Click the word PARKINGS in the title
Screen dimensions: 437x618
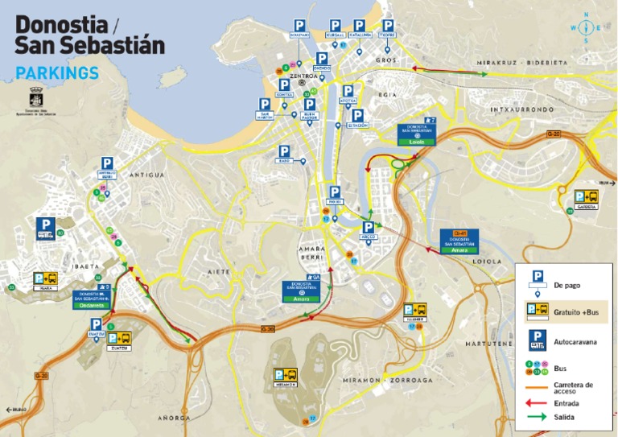pos(57,73)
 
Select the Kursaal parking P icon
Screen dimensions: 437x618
pos(336,26)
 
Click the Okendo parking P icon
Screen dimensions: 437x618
pos(322,59)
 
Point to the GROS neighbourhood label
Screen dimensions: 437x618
pos(385,60)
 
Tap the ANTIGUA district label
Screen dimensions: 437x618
pos(146,175)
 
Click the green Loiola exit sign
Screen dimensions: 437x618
pos(416,142)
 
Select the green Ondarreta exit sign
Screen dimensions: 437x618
pos(94,305)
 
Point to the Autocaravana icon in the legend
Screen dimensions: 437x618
pos(538,340)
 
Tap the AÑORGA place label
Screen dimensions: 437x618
pos(175,418)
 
